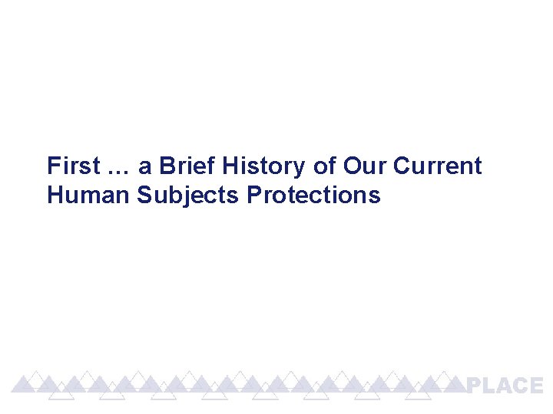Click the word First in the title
tap(73, 166)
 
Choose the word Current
tap(438, 166)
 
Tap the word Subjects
tap(188, 195)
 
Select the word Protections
tap(313, 195)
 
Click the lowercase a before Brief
tap(144, 167)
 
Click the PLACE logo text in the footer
tap(505, 386)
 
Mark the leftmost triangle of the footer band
tap(28, 380)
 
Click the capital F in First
tap(52, 166)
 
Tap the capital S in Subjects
tap(144, 195)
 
